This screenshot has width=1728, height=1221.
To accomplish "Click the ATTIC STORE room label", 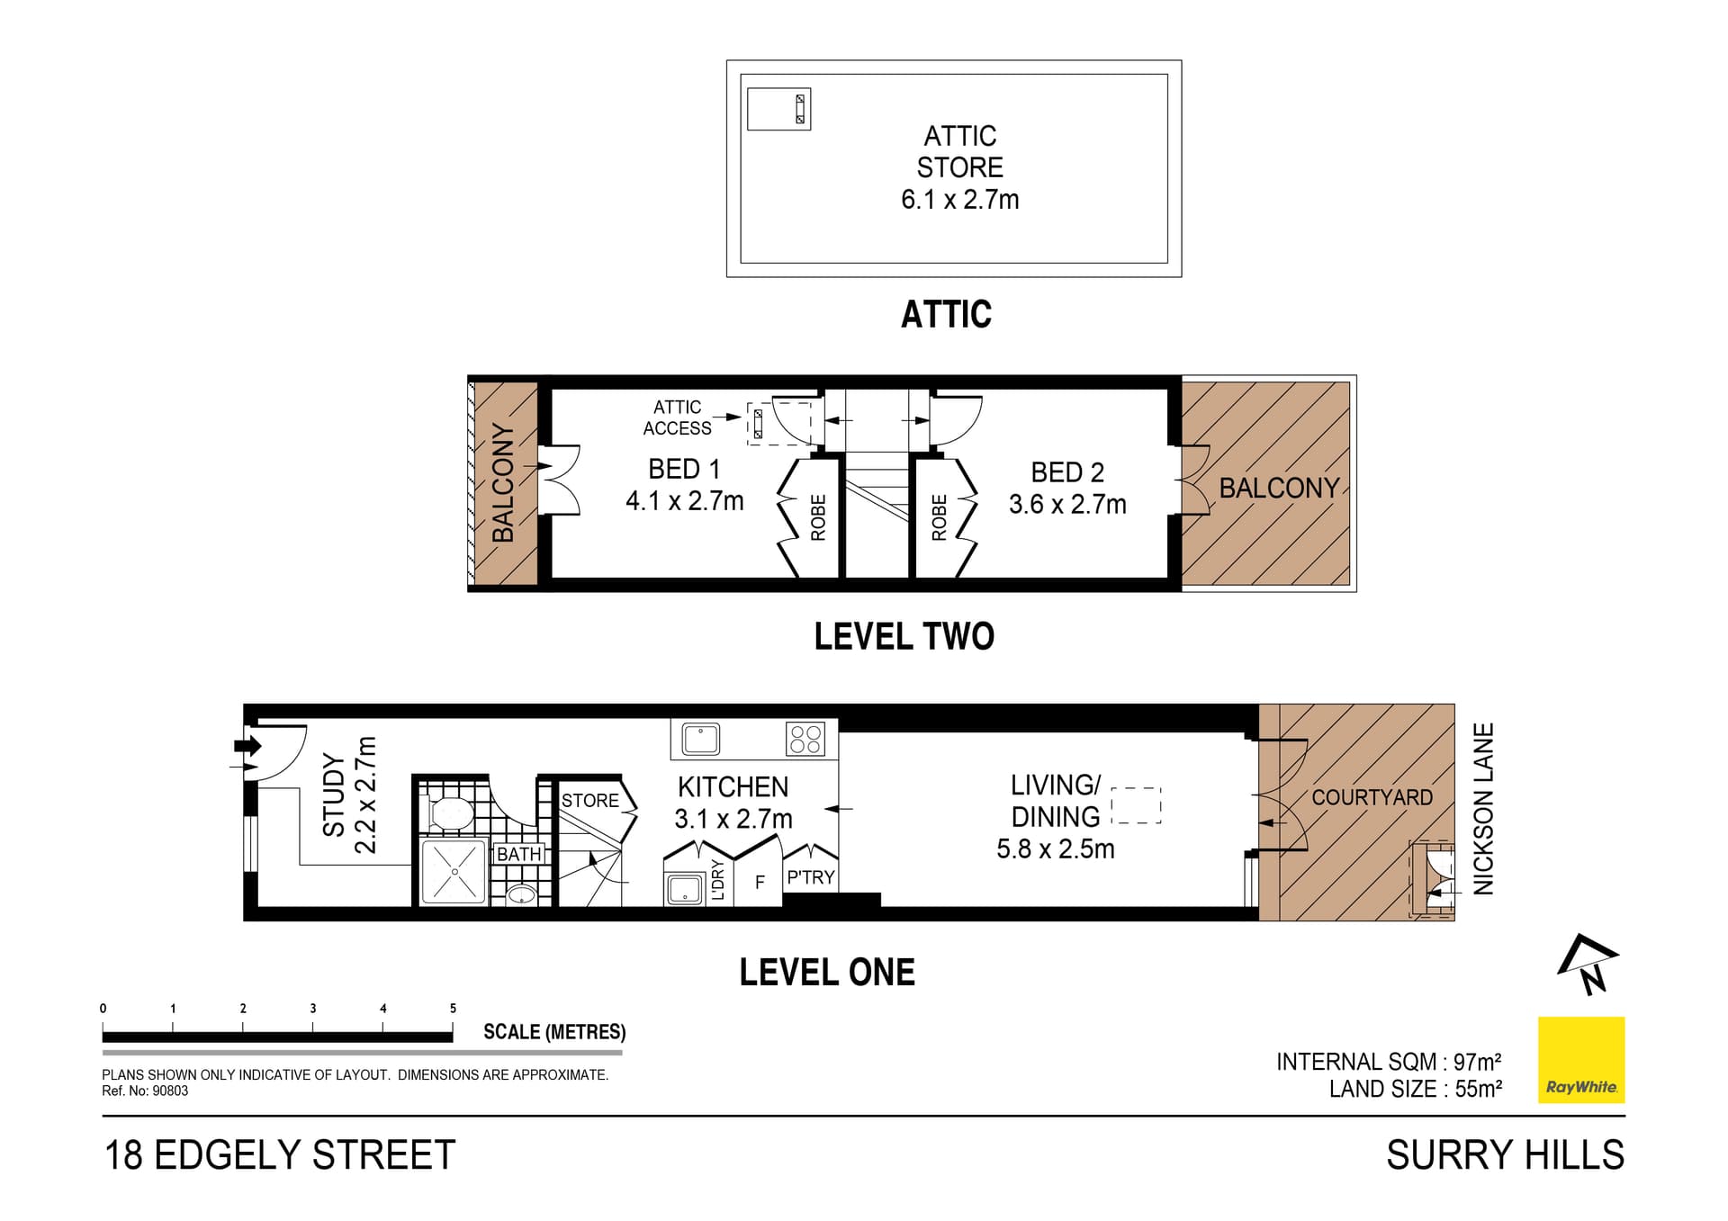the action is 959,151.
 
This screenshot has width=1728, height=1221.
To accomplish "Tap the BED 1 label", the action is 684,469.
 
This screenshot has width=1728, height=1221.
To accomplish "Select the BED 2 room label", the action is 1067,472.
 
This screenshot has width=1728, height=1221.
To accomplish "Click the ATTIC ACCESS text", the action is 677,418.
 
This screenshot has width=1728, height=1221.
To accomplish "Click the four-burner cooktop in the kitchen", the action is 805,739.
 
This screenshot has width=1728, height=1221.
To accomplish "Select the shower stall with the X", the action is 454,872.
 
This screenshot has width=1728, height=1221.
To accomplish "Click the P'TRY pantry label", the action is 811,877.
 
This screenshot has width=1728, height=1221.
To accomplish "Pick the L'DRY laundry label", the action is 717,880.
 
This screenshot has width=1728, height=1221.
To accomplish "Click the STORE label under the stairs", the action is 590,801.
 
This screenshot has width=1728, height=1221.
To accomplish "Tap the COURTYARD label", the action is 1372,797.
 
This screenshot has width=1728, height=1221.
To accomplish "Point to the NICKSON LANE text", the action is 1483,808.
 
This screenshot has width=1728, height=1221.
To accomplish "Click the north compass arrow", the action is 1588,964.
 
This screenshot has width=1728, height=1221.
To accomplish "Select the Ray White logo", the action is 1581,1060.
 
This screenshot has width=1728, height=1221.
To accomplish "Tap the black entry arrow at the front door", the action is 247,746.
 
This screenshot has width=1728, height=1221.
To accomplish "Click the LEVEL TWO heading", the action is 904,636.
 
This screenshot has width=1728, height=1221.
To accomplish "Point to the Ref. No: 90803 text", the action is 145,1091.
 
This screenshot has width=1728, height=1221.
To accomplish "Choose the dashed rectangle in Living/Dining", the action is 1137,805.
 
